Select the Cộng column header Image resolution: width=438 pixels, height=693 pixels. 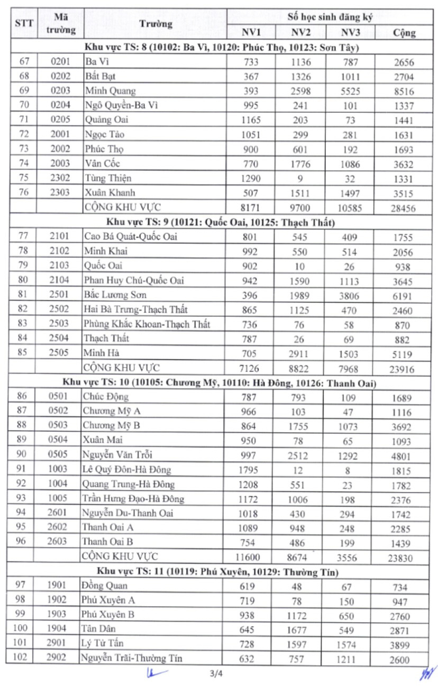pos(404,33)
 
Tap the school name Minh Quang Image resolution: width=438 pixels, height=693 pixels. pos(111,91)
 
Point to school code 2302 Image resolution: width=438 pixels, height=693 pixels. pos(60,178)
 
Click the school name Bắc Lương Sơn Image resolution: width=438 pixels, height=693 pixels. pos(115,295)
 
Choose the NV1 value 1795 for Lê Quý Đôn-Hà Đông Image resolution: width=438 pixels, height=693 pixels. pos(249,470)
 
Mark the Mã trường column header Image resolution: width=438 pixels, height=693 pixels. pos(60,24)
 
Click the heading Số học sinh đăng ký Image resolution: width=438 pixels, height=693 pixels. pos(330,16)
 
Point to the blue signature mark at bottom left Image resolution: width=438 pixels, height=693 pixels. pos(155,673)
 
